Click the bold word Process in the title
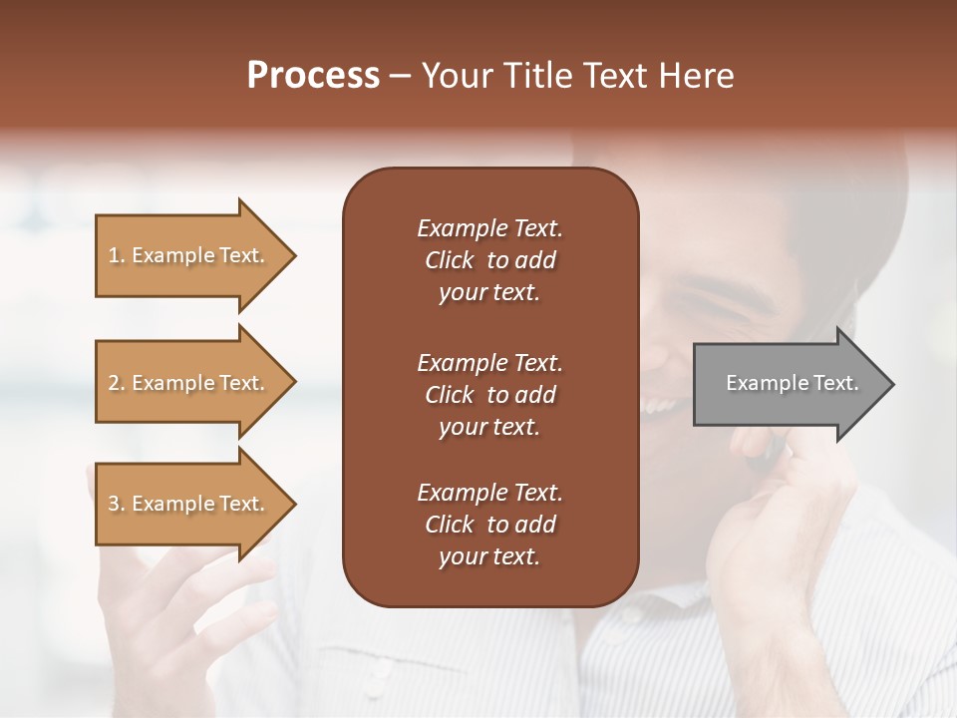tap(313, 76)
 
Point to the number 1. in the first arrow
tap(116, 255)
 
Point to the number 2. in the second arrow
tap(116, 383)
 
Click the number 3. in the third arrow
tap(116, 504)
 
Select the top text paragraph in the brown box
tap(489, 260)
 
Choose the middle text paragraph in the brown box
tap(489, 394)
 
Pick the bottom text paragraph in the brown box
tap(489, 525)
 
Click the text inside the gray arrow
tap(792, 383)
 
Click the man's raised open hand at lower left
tap(189, 598)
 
